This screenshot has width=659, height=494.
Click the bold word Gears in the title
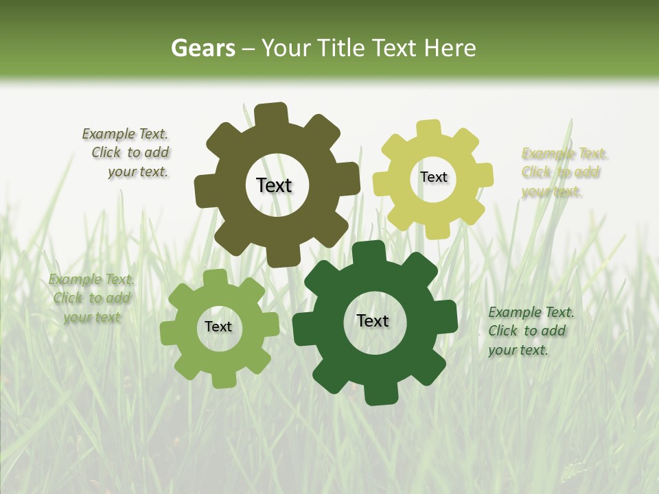pyautogui.click(x=203, y=48)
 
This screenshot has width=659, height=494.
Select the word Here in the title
pyautogui.click(x=450, y=48)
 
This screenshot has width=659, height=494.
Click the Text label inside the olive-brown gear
pyautogui.click(x=274, y=185)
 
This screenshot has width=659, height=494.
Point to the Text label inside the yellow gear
pyautogui.click(x=433, y=177)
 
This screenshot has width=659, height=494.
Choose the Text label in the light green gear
pyautogui.click(x=218, y=327)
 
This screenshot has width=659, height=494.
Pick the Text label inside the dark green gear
pyautogui.click(x=373, y=320)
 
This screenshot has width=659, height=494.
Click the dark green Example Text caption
pyautogui.click(x=531, y=331)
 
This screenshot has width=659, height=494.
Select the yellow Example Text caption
pyautogui.click(x=564, y=172)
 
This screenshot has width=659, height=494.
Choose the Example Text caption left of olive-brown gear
pyautogui.click(x=126, y=153)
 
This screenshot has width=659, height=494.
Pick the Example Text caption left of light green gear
pyautogui.click(x=91, y=298)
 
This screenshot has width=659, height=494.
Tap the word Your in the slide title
pyautogui.click(x=287, y=48)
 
